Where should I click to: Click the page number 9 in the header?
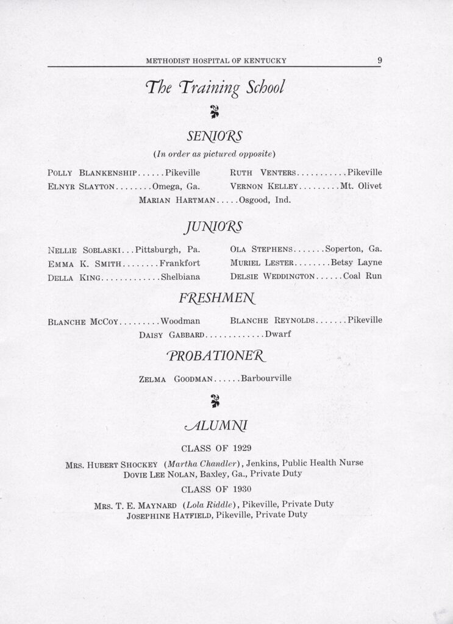click(x=379, y=60)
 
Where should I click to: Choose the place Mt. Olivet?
click(x=361, y=186)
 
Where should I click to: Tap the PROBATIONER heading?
click(x=214, y=356)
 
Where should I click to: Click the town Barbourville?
click(x=266, y=378)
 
